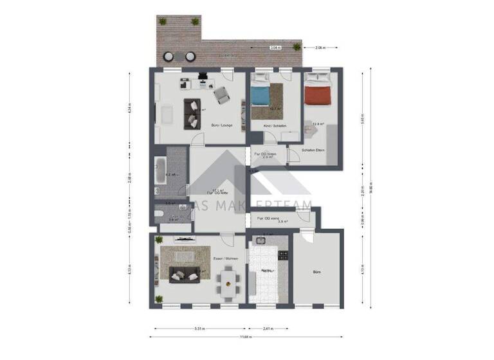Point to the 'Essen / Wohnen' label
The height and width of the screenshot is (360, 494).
[225, 258]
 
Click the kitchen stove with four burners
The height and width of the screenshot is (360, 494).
[281, 255]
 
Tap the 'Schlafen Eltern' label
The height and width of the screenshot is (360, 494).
[313, 150]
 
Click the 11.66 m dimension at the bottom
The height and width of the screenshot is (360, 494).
[246, 337]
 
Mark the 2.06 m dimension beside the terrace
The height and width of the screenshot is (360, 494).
[320, 48]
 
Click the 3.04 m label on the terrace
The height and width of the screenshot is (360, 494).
[274, 48]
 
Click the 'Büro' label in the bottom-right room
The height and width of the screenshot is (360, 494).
[316, 273]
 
